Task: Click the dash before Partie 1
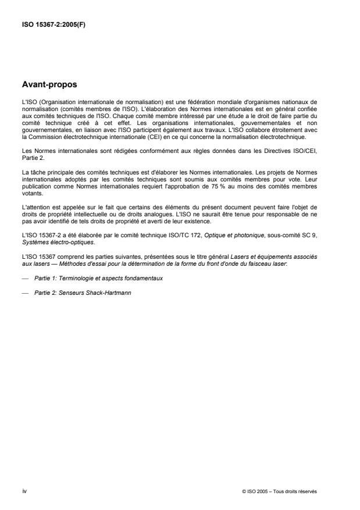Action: tap(25, 279)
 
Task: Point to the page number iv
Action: tap(24, 491)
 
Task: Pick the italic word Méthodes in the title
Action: tap(74, 263)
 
